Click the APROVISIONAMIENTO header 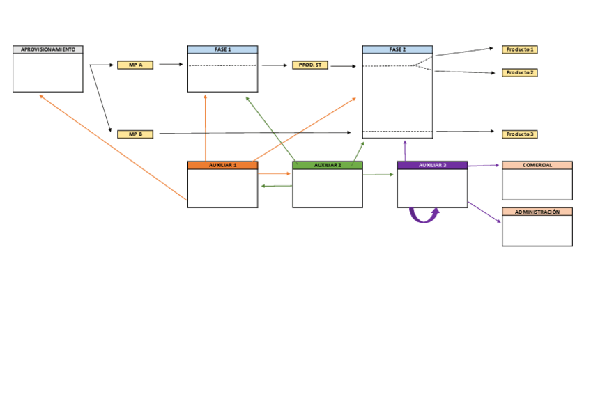[x=47, y=49]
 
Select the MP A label [x=135, y=65]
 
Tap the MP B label [x=135, y=134]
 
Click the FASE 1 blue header [x=222, y=49]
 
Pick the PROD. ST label [x=309, y=65]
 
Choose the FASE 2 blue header [x=397, y=49]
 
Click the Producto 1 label [x=519, y=49]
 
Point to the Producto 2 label [x=519, y=72]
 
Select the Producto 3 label [x=519, y=134]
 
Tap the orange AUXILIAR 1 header [x=222, y=165]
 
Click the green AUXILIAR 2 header [x=327, y=165]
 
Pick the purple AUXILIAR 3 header [x=432, y=165]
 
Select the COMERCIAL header [x=537, y=165]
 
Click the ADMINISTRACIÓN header [x=537, y=212]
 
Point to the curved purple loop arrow [x=424, y=217]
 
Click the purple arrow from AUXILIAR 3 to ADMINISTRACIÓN [x=484, y=212]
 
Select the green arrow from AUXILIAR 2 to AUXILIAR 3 [x=378, y=175]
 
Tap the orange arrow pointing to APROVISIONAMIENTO [x=112, y=148]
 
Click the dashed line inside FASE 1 [x=222, y=65]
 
